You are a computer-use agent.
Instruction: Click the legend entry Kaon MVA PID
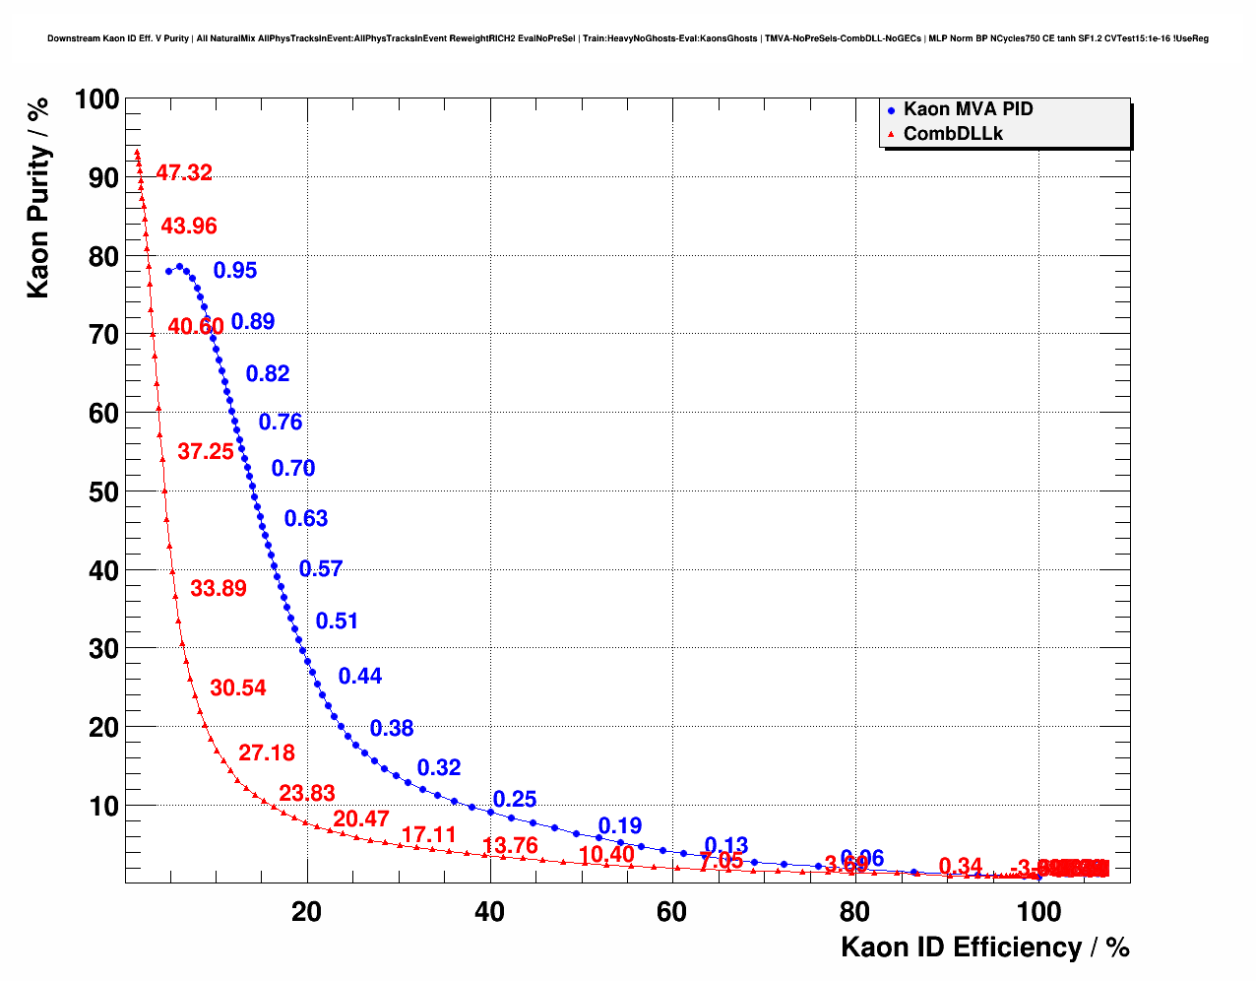coord(968,109)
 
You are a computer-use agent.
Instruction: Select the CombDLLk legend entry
coord(952,133)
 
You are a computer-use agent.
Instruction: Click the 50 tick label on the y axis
coord(103,491)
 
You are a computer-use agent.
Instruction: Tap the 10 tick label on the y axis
coord(103,806)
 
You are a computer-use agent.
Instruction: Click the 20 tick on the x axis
coord(307,912)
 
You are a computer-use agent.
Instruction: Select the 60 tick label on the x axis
coord(671,912)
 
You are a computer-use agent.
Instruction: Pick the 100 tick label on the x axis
coord(1037,912)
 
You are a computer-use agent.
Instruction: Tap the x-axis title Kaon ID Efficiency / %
coord(984,948)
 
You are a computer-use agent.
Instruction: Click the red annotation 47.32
coord(184,172)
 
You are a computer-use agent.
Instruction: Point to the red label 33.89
coord(219,588)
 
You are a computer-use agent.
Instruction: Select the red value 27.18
coord(267,752)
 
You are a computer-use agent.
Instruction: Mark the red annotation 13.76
coord(510,845)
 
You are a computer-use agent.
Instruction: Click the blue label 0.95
coord(235,270)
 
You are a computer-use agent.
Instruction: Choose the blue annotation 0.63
coord(306,518)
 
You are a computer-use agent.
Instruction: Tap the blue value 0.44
coord(360,676)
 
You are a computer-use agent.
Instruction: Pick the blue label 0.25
coord(515,799)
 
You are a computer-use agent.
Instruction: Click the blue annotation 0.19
coord(620,825)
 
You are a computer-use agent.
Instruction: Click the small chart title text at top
coord(628,38)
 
